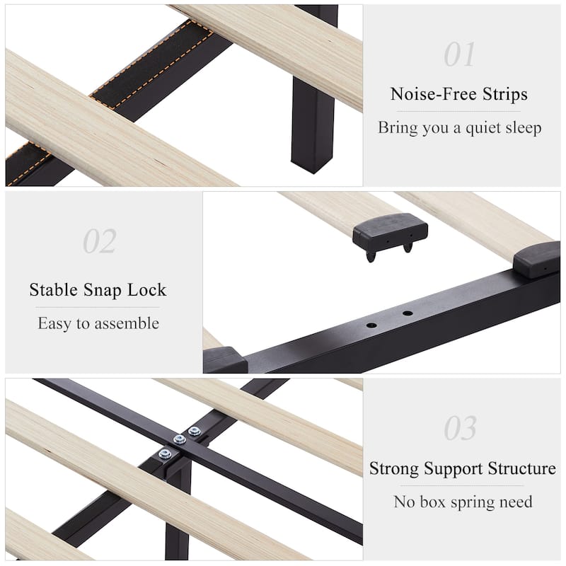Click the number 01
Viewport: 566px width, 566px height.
pyautogui.click(x=460, y=54)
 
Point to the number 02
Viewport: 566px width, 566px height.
pyautogui.click(x=99, y=241)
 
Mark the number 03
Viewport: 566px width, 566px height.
pyautogui.click(x=460, y=429)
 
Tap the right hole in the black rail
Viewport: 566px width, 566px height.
pyautogui.click(x=408, y=313)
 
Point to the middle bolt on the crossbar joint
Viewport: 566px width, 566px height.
pyautogui.click(x=180, y=439)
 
